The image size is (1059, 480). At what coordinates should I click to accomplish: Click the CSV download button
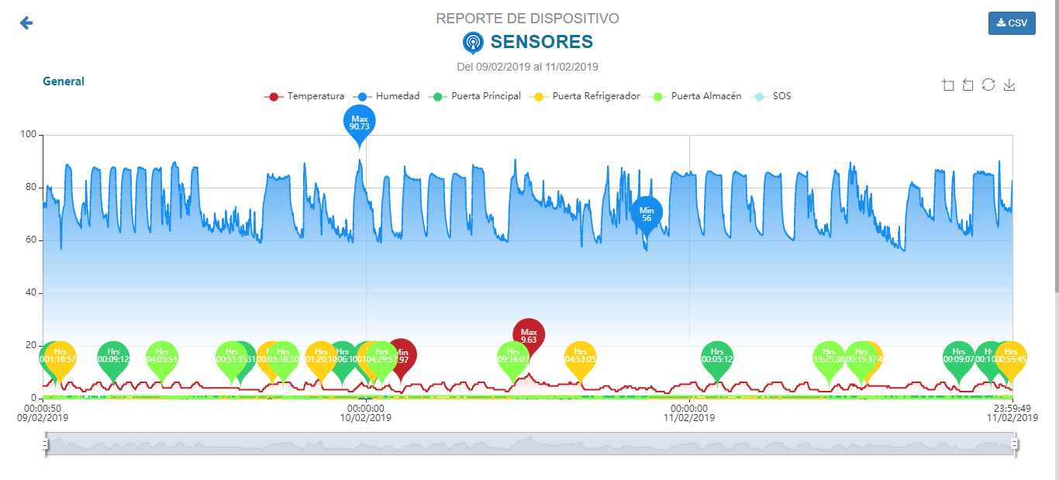[x=1012, y=23]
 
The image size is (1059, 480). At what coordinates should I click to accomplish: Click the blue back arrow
[x=26, y=23]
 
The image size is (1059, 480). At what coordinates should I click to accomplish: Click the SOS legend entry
[x=771, y=96]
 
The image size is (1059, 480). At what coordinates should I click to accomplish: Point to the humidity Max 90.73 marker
[x=359, y=123]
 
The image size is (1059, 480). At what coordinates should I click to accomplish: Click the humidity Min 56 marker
[x=647, y=213]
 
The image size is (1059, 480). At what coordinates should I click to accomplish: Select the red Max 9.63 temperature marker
[x=529, y=335]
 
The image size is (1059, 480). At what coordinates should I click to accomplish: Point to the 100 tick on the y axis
[x=29, y=135]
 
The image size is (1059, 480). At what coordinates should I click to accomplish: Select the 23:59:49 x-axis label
[x=1012, y=408]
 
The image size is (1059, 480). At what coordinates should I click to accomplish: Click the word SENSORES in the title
[x=542, y=42]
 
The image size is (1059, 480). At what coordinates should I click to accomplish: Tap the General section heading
[x=64, y=81]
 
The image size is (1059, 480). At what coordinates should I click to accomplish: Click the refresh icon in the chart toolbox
[x=988, y=85]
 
